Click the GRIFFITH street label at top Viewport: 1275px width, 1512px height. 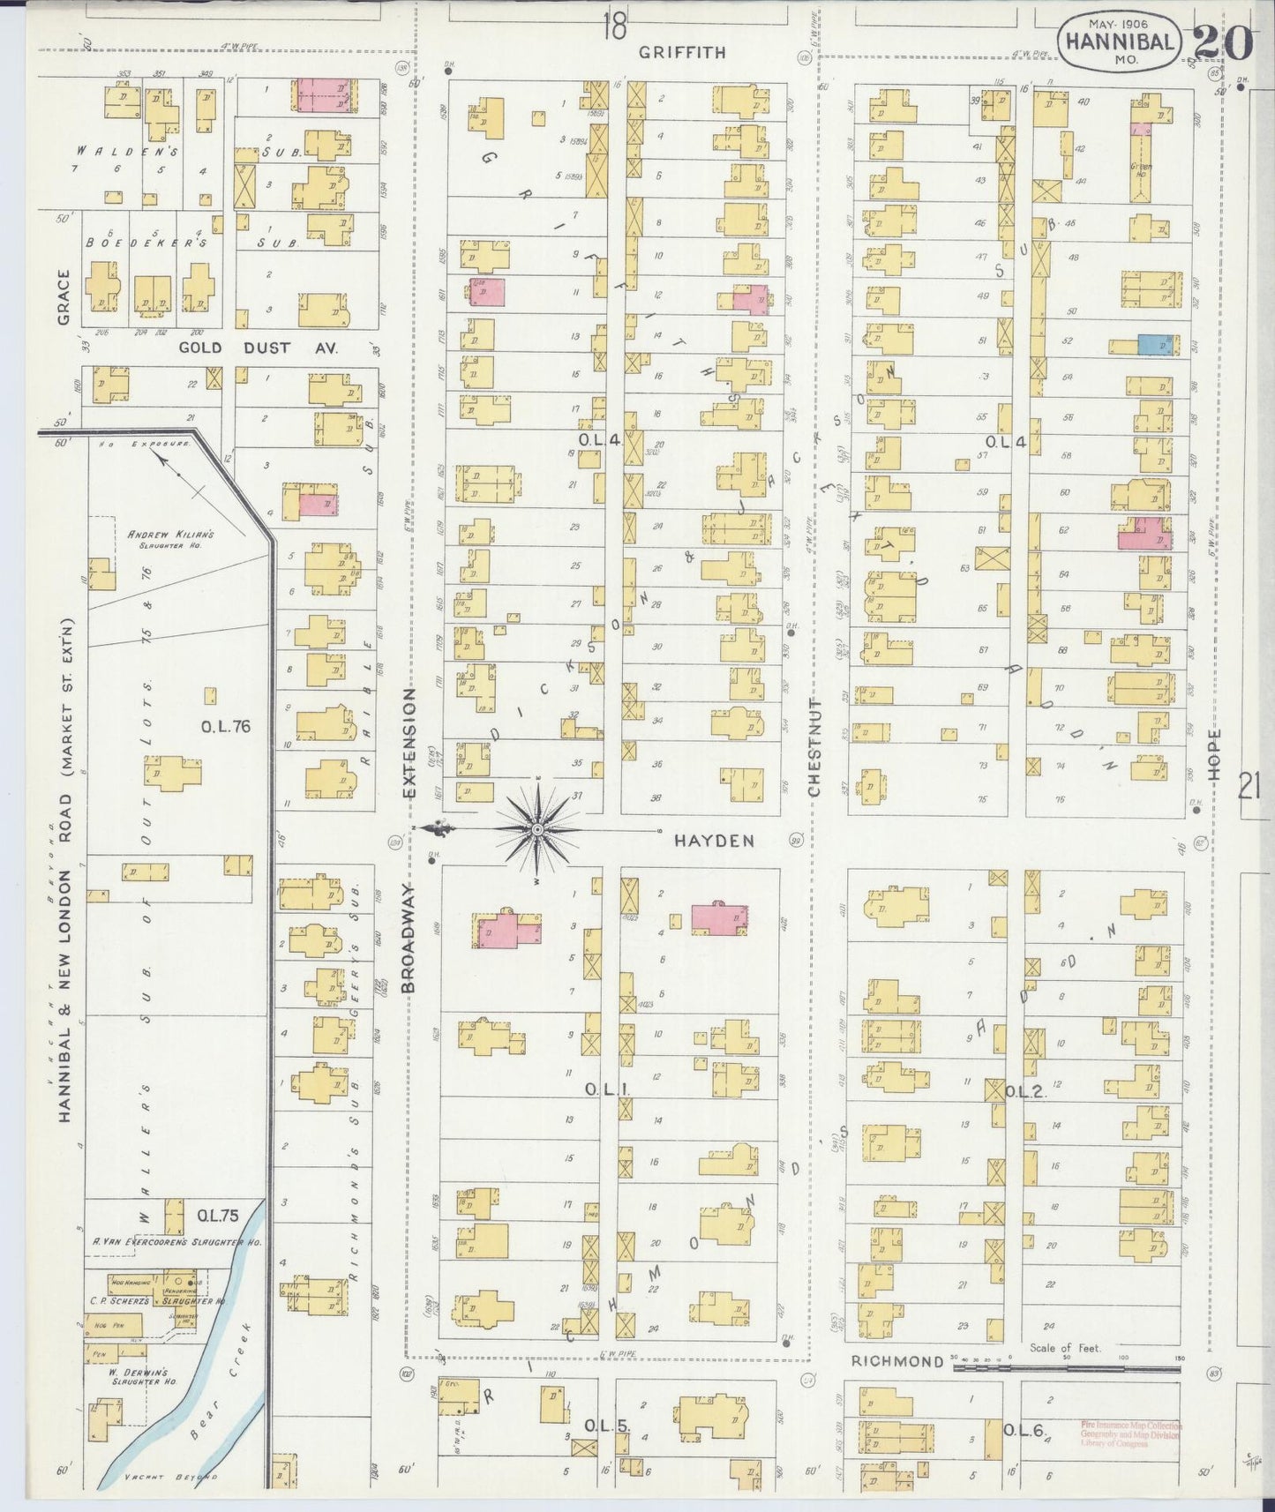[683, 53]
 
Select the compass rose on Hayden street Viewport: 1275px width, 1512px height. [537, 829]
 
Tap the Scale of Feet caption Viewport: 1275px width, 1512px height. [1065, 1348]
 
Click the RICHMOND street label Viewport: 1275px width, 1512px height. [897, 1361]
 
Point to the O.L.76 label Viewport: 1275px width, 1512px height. [226, 727]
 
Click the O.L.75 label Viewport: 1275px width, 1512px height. [217, 1215]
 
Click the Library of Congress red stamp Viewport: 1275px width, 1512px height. [1130, 1433]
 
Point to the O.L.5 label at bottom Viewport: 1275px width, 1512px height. [605, 1426]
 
